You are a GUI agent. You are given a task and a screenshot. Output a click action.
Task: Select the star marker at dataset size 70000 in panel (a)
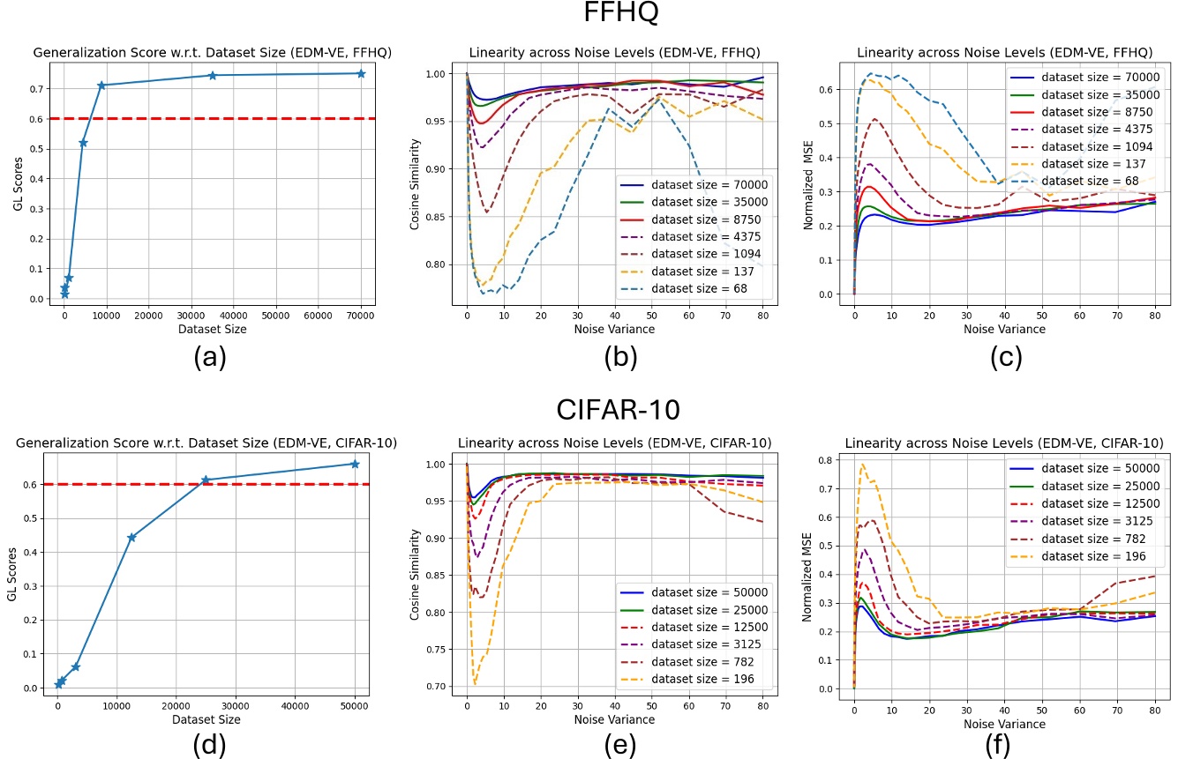pos(361,73)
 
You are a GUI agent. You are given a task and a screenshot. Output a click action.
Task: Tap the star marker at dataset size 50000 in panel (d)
pos(355,464)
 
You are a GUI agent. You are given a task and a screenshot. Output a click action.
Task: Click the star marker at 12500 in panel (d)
pos(131,537)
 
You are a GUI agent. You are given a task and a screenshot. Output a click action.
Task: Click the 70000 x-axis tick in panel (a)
pos(360,313)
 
